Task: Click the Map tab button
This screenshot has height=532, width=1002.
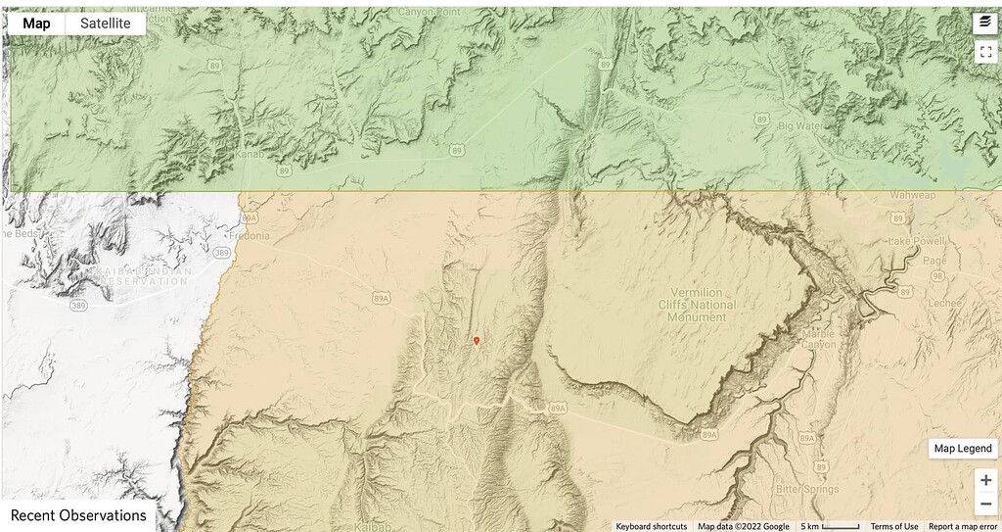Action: (x=36, y=23)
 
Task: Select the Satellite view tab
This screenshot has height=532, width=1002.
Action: (x=106, y=23)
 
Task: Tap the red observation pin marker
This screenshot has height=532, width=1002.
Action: (x=477, y=341)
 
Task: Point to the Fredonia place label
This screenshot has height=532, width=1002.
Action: (x=248, y=236)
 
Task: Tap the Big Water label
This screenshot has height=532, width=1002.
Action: (x=801, y=126)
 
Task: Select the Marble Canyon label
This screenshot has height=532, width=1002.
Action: (x=818, y=338)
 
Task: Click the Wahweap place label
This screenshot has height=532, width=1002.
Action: (x=912, y=195)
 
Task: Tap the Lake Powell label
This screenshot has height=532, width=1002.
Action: (x=913, y=241)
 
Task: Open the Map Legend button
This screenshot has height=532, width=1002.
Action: (x=962, y=448)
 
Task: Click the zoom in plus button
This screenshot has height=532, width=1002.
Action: (x=985, y=480)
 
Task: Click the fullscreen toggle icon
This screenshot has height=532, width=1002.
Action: (x=985, y=53)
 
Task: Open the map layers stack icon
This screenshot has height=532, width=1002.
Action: (x=985, y=23)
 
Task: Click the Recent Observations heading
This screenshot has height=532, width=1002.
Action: (x=78, y=515)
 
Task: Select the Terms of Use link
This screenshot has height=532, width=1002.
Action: (x=894, y=526)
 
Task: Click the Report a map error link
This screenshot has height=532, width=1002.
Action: (x=964, y=526)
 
